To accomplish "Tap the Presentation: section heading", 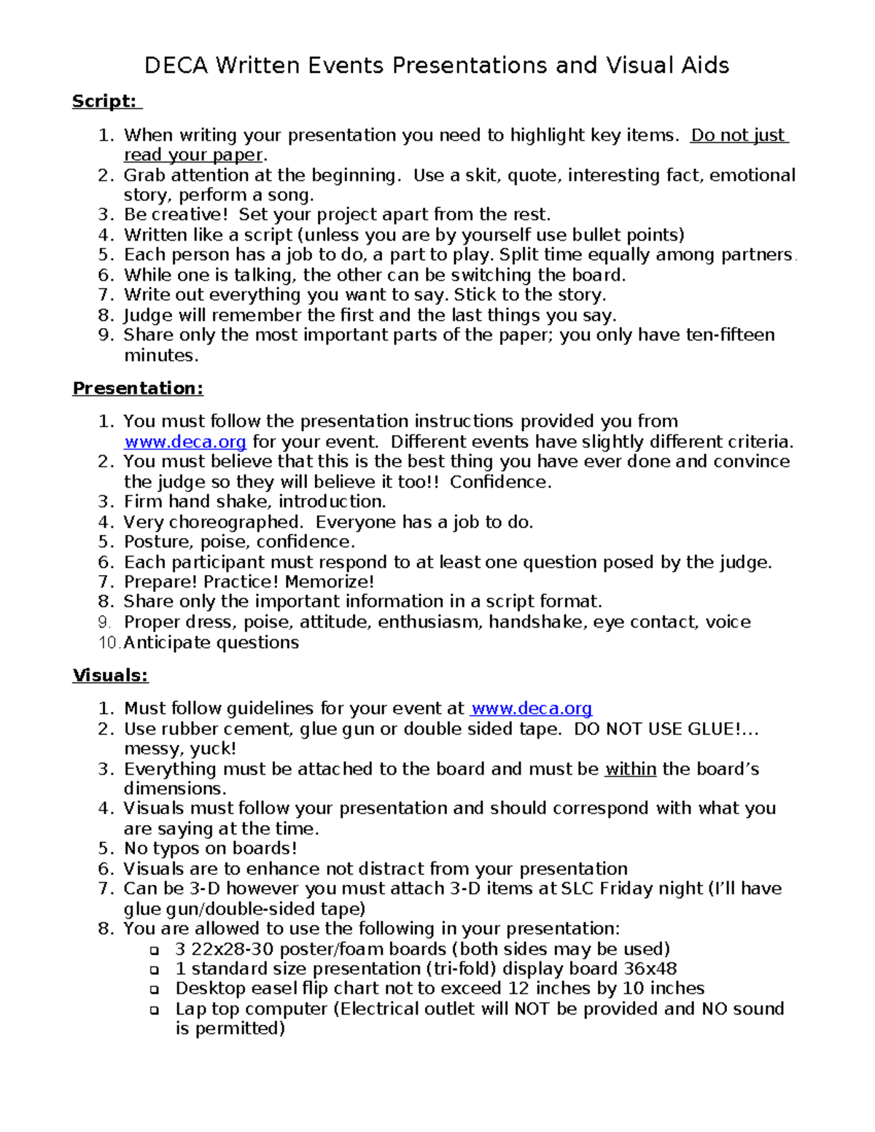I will pos(138,389).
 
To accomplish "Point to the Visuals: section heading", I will pos(110,676).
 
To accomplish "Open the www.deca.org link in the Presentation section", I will pos(185,442).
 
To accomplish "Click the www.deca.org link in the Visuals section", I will pos(531,709).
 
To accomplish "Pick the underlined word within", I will pos(630,769).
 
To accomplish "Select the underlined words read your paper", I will pos(192,155).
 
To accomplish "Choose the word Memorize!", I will pos(330,582).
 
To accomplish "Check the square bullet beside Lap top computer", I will pos(154,1010).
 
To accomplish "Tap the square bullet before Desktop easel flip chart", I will pos(154,990).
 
